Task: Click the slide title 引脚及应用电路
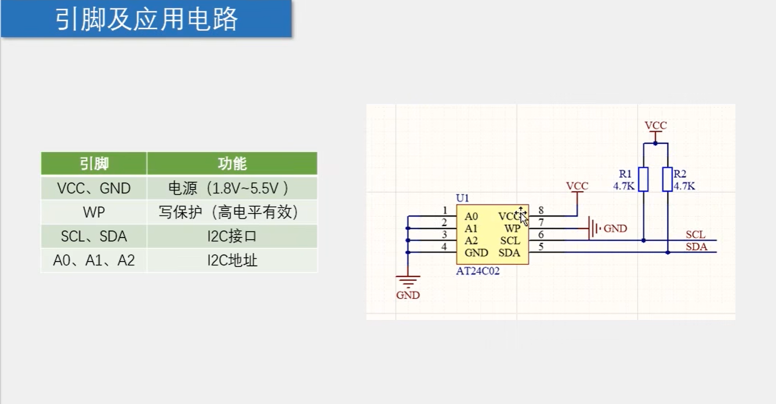click(x=147, y=19)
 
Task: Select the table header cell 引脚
click(x=94, y=164)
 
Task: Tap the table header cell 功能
click(x=232, y=164)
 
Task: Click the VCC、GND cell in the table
click(x=94, y=188)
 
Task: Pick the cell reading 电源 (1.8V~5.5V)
click(x=232, y=188)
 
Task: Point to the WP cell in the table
click(x=94, y=212)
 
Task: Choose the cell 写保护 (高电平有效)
click(x=232, y=212)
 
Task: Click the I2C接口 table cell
click(x=232, y=237)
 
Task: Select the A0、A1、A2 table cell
click(x=94, y=261)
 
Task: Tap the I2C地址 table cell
click(x=232, y=261)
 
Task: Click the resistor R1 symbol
click(x=643, y=179)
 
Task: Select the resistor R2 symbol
click(x=668, y=179)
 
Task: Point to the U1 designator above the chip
click(x=463, y=199)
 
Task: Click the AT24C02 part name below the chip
click(x=478, y=270)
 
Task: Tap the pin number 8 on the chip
click(x=541, y=210)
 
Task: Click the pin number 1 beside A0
click(x=444, y=210)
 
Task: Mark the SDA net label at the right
click(x=696, y=247)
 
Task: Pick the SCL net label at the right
click(x=695, y=235)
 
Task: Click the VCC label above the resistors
click(x=656, y=125)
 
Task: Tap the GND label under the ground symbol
click(x=408, y=295)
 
